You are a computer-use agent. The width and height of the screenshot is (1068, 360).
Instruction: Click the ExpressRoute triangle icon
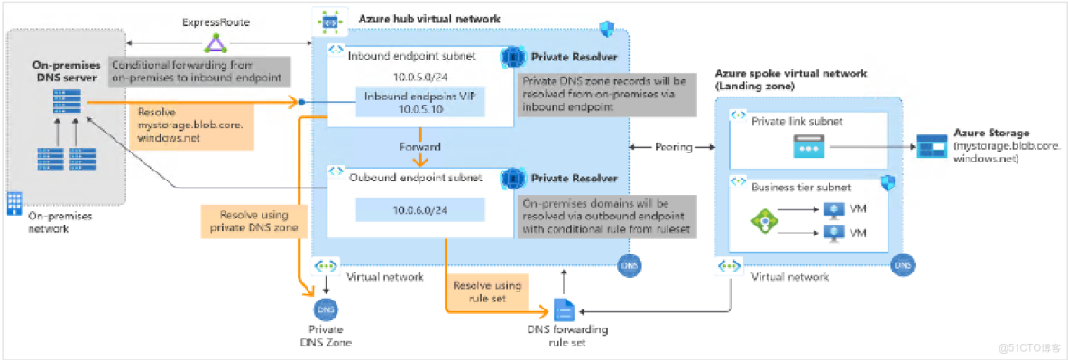coord(216,42)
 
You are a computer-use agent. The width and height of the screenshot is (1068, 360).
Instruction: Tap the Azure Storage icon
coord(930,146)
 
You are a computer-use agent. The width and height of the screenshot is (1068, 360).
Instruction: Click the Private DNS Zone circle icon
coord(323,309)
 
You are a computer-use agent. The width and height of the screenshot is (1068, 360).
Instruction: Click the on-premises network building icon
coord(14,203)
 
